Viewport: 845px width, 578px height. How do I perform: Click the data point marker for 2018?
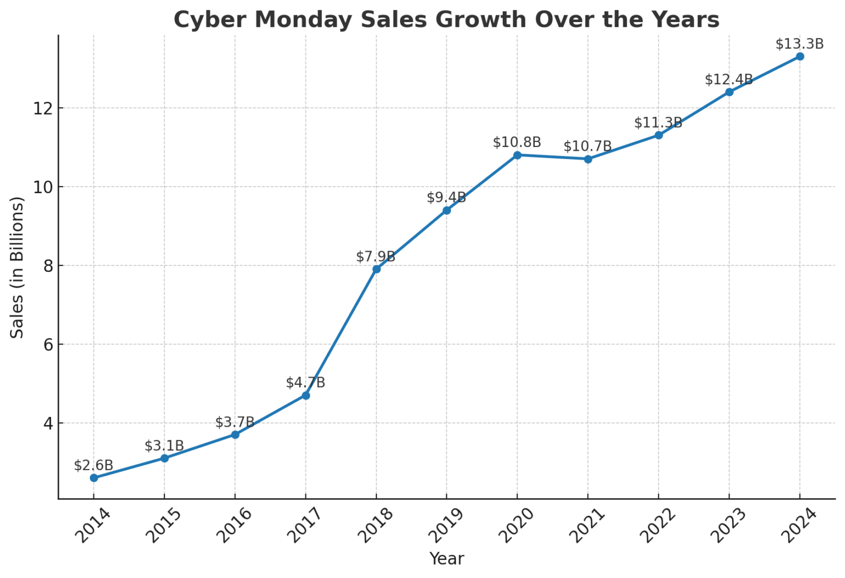pos(376,269)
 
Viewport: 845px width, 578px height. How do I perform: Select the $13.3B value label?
pos(799,44)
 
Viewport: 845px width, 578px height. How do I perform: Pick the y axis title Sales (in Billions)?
pos(18,268)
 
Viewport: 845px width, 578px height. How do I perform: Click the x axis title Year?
pos(446,559)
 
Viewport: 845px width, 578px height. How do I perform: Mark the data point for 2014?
pos(94,478)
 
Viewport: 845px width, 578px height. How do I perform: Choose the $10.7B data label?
pos(588,146)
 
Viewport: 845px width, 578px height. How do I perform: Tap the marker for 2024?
pos(800,57)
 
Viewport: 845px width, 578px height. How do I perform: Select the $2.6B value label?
pos(94,466)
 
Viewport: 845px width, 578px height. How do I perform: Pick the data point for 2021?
pos(588,159)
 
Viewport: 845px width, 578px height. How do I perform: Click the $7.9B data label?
pos(376,257)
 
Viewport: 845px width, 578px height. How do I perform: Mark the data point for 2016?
pos(235,435)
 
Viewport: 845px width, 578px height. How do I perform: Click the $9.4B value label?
pos(446,198)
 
